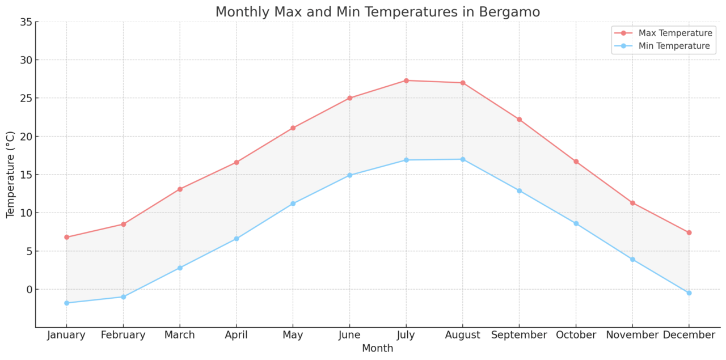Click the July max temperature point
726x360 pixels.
click(406, 81)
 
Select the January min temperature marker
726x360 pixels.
click(66, 303)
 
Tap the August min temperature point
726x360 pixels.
click(463, 159)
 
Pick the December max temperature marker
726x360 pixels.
click(689, 232)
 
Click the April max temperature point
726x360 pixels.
click(237, 162)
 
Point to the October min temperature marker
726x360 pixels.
click(576, 223)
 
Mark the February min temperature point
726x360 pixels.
click(123, 297)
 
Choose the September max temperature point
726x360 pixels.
click(519, 119)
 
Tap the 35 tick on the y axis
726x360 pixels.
click(26, 22)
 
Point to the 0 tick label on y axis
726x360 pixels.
click(29, 289)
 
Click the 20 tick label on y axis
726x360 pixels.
click(26, 136)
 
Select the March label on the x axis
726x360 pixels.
click(180, 335)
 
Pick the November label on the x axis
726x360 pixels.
click(632, 335)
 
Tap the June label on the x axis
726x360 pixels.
click(349, 335)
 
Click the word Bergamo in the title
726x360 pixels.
click(507, 12)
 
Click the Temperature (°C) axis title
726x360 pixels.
click(11, 174)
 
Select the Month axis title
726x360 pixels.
click(377, 348)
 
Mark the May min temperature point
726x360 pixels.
click(293, 204)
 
